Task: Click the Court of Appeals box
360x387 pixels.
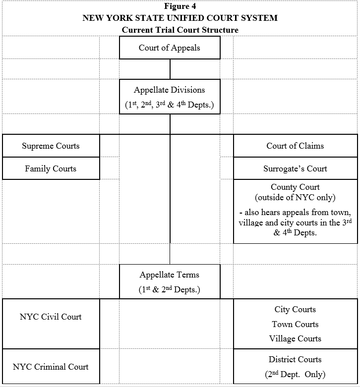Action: coord(170,48)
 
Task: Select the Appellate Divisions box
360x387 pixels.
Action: coord(170,97)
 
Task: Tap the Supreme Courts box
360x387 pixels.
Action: coord(51,146)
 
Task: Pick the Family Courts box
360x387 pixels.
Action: coord(51,169)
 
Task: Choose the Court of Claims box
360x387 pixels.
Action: coord(295,146)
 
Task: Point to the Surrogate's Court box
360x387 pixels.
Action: coord(295,169)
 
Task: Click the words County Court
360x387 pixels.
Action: coord(295,187)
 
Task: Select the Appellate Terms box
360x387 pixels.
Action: coord(170,281)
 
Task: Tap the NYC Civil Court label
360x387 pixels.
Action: coord(51,317)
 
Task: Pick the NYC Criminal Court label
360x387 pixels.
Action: coord(51,367)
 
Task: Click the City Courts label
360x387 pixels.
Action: coord(295,310)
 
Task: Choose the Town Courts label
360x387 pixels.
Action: coord(295,325)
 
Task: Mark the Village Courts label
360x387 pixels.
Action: coord(295,339)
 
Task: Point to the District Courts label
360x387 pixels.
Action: coord(295,360)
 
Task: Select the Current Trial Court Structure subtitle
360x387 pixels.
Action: coord(180,30)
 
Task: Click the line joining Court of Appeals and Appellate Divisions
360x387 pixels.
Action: coord(170,69)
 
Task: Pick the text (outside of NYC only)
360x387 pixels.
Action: coord(295,198)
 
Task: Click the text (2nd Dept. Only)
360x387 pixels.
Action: coord(295,375)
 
